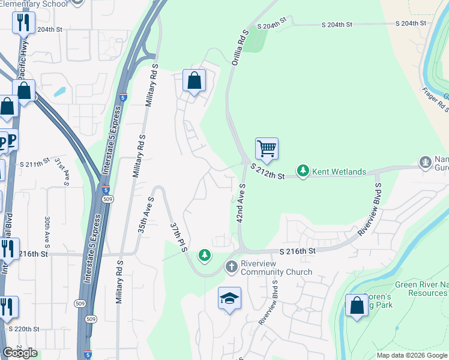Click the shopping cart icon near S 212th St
[x=267, y=148]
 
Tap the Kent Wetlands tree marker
[x=304, y=172]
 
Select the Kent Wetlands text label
[x=339, y=172]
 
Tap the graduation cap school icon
[x=229, y=298]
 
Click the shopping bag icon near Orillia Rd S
[x=194, y=80]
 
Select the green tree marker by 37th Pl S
[x=205, y=256]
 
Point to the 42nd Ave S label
[x=241, y=204]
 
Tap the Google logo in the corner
[x=20, y=353]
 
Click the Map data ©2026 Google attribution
[x=412, y=355]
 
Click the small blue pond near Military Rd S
[x=59, y=92]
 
